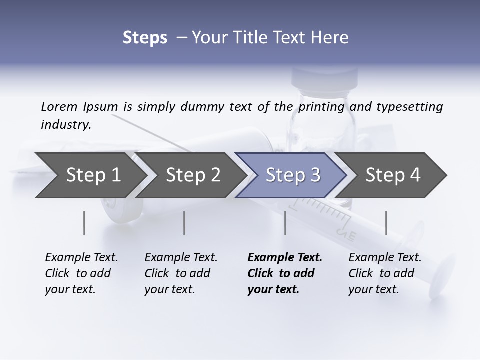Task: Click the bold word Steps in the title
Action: point(145,38)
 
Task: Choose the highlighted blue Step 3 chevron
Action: point(293,175)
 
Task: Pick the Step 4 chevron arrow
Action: point(393,175)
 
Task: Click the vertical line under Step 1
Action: point(84,223)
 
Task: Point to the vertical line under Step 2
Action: point(184,223)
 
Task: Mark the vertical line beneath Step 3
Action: point(285,223)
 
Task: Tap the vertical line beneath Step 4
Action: point(386,223)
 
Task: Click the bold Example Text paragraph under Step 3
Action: point(285,273)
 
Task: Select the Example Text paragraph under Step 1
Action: point(81,273)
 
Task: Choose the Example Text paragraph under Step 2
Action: point(181,273)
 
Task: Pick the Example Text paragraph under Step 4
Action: point(385,273)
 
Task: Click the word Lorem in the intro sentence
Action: point(59,107)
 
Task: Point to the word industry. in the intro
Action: point(66,125)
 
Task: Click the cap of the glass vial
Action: point(325,78)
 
